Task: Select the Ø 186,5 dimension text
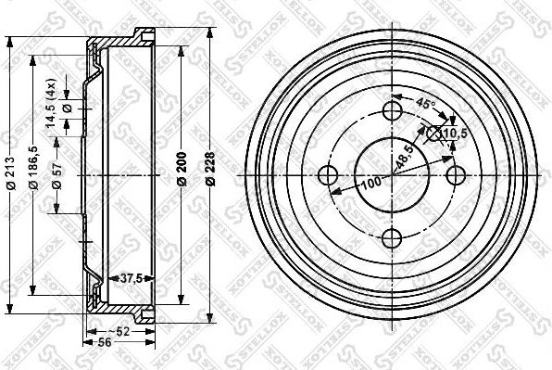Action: (x=34, y=172)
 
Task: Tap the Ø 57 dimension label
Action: (x=56, y=173)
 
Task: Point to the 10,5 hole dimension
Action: (x=455, y=134)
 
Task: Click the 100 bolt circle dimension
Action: (x=371, y=181)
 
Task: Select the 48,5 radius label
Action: (x=406, y=158)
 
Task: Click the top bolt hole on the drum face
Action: (x=393, y=111)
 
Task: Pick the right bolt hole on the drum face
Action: (x=455, y=174)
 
